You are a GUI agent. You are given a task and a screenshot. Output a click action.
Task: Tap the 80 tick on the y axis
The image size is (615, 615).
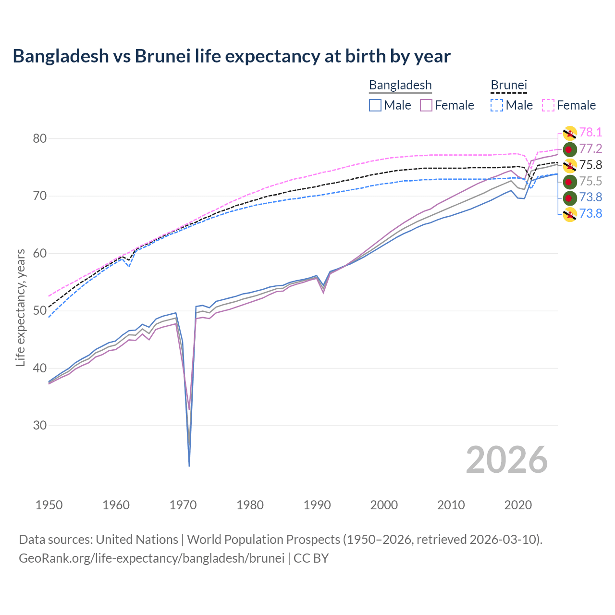pyautogui.click(x=39, y=139)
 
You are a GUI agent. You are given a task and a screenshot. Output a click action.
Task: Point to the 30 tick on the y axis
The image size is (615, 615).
pyautogui.click(x=39, y=426)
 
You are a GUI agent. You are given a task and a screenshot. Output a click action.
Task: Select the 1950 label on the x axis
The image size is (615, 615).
pyautogui.click(x=49, y=505)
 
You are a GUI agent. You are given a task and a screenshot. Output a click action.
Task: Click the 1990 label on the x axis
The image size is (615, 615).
pyautogui.click(x=317, y=505)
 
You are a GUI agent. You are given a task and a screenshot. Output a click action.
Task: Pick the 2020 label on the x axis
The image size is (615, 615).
pyautogui.click(x=518, y=505)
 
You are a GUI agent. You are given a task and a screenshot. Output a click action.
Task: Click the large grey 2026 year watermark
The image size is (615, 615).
pyautogui.click(x=506, y=460)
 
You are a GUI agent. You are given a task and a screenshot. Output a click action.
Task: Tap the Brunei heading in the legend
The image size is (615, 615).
pyautogui.click(x=509, y=86)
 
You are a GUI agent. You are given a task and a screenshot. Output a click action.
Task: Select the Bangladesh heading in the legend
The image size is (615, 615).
pyautogui.click(x=400, y=86)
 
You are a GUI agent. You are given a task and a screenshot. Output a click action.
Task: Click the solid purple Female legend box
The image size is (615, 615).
pyautogui.click(x=427, y=105)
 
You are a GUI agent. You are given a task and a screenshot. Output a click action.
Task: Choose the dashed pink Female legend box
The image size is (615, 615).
pyautogui.click(x=548, y=105)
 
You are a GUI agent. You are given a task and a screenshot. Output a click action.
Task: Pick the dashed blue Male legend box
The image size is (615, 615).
pyautogui.click(x=497, y=105)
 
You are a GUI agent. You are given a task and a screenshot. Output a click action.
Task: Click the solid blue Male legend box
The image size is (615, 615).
pyautogui.click(x=375, y=105)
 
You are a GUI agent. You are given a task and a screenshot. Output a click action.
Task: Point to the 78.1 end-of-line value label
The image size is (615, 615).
pyautogui.click(x=590, y=133)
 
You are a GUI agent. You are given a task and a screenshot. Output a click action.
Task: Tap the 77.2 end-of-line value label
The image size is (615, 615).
pyautogui.click(x=590, y=149)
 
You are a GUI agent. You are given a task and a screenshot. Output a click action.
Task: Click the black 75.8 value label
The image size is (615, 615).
pyautogui.click(x=590, y=165)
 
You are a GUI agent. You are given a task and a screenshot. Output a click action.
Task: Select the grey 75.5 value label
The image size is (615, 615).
pyautogui.click(x=590, y=181)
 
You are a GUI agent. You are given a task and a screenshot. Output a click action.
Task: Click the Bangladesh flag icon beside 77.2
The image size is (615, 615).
pyautogui.click(x=570, y=149)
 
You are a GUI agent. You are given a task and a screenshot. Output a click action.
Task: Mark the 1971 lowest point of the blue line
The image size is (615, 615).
pyautogui.click(x=189, y=466)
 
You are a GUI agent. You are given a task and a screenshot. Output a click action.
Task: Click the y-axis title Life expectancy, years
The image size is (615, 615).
pyautogui.click(x=21, y=307)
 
